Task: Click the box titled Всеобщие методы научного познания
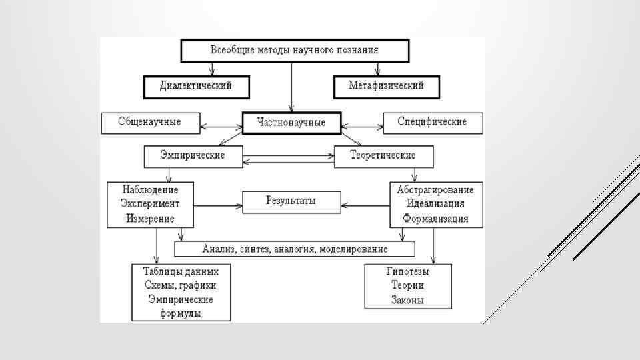pos(294,50)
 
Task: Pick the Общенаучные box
pos(149,122)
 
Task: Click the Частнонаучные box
pos(292,123)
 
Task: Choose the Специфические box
pos(432,122)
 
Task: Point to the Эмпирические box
pos(192,155)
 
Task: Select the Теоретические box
pos(383,155)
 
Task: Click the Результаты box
pos(291,200)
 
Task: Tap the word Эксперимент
pos(149,203)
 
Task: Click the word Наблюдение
pos(149,189)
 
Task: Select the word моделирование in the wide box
pos(353,249)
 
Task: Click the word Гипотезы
pos(407,272)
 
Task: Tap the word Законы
pos(407,300)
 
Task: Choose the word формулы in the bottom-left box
pos(181,313)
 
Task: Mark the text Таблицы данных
pos(181,271)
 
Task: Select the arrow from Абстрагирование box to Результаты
pos(364,200)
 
